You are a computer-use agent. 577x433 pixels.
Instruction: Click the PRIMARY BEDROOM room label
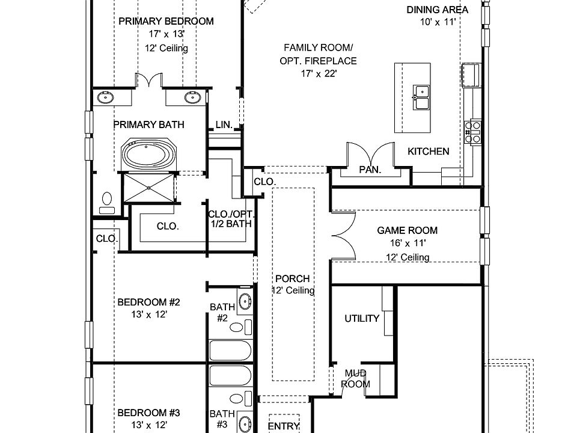pyautogui.click(x=166, y=22)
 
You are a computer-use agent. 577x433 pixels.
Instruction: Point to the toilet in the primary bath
pyautogui.click(x=108, y=202)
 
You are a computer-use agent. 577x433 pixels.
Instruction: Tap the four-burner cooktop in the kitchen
pyautogui.click(x=473, y=132)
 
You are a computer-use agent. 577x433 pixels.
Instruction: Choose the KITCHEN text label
pyautogui.click(x=428, y=152)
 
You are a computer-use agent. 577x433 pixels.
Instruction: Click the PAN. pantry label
pyautogui.click(x=370, y=170)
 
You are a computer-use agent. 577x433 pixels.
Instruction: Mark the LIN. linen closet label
pyautogui.click(x=224, y=125)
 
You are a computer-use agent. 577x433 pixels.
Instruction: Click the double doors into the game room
pyautogui.click(x=341, y=235)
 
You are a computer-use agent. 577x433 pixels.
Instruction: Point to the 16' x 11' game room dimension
pyautogui.click(x=407, y=244)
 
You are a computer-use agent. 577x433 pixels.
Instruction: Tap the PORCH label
pyautogui.click(x=292, y=279)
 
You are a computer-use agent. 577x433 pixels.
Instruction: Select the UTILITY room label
pyautogui.click(x=361, y=318)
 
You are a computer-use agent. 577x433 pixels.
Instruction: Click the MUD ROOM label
pyautogui.click(x=356, y=379)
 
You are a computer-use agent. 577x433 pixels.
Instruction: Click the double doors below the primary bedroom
pyautogui.click(x=148, y=81)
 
